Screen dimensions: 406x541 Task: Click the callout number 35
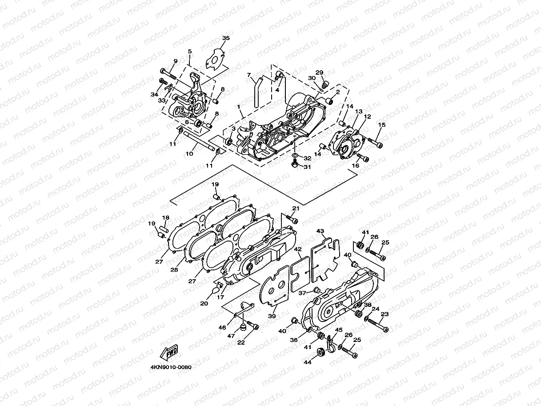pyautogui.click(x=226, y=39)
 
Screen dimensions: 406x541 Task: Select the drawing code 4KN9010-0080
pyautogui.click(x=171, y=367)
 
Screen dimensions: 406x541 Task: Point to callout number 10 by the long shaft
pyautogui.click(x=189, y=153)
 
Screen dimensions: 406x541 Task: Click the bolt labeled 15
pyautogui.click(x=376, y=143)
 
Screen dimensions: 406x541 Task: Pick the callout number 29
pyautogui.click(x=319, y=72)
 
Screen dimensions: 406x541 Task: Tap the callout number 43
pyautogui.click(x=320, y=231)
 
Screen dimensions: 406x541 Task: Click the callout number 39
pyautogui.click(x=272, y=316)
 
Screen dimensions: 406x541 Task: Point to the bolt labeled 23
pyautogui.click(x=381, y=328)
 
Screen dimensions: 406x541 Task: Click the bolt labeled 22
pyautogui.click(x=253, y=327)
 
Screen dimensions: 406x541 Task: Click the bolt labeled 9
pyautogui.click(x=167, y=72)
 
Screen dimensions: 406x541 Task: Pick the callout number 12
pyautogui.click(x=367, y=117)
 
